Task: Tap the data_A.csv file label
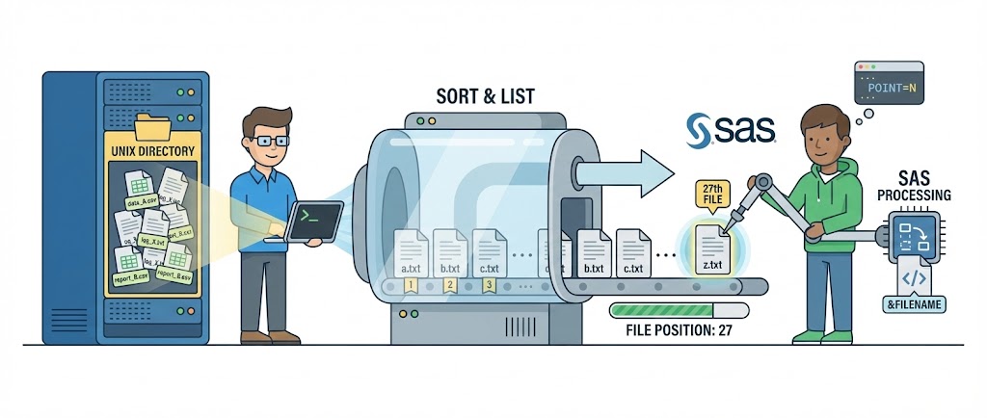click(140, 202)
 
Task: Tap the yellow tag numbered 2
click(449, 285)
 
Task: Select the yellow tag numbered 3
click(488, 285)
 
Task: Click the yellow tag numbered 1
click(411, 285)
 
